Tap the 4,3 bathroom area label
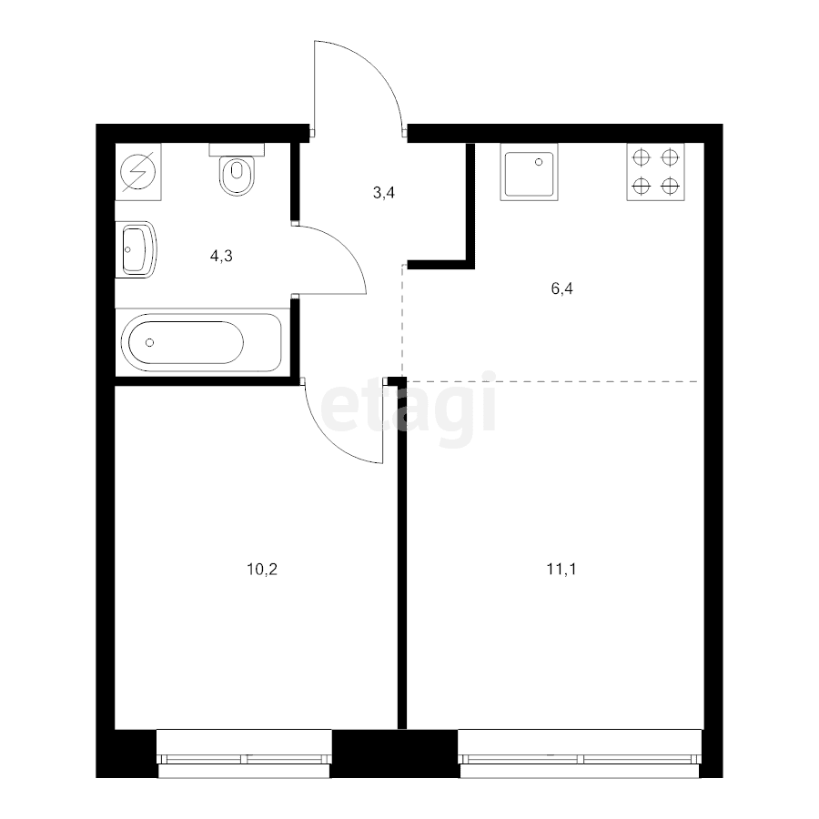pos(221,256)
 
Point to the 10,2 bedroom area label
pos(261,571)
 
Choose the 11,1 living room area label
pos(561,571)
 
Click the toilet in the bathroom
pos(237,173)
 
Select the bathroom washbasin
pos(138,249)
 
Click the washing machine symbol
pos(139,171)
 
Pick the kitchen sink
pos(528,173)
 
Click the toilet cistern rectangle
pos(236,148)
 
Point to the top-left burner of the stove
pos(641,157)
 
